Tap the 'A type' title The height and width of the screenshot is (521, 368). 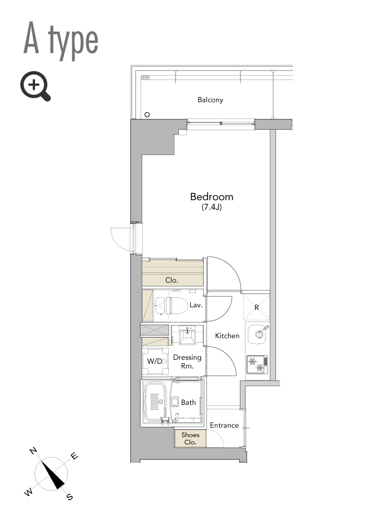point(61,41)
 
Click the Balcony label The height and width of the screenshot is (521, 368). point(210,100)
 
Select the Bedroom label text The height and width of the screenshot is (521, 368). point(212,196)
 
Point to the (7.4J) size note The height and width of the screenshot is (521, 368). point(212,207)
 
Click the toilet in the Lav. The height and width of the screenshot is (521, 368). point(171,306)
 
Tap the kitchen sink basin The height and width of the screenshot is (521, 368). point(257,334)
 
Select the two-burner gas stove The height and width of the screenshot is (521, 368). point(257,364)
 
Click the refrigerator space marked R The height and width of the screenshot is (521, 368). point(256,307)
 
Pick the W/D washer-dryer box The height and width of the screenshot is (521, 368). point(155,361)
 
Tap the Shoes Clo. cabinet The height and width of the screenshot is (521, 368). point(190,438)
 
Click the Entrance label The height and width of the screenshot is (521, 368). point(224,425)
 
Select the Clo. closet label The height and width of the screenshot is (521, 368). point(172,280)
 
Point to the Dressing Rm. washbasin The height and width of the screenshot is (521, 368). point(187,335)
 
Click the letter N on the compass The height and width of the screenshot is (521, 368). point(33,451)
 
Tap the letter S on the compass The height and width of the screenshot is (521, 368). point(69,496)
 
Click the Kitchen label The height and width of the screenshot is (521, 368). point(227,335)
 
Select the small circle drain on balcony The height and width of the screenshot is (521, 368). point(147,114)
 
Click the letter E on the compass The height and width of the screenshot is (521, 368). point(75,456)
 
